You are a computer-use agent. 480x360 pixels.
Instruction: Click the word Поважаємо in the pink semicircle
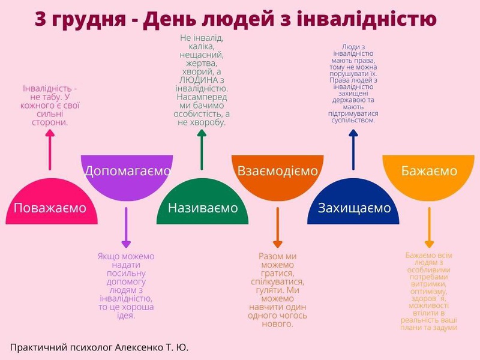[x=50, y=208]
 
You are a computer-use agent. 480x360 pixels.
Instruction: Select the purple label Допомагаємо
[x=127, y=171]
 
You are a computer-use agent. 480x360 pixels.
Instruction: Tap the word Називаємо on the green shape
[x=203, y=208]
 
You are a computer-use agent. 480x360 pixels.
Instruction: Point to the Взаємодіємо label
[x=278, y=171]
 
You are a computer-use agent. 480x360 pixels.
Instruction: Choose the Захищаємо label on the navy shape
[x=354, y=208]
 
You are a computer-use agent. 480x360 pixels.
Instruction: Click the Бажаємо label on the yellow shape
[x=429, y=171]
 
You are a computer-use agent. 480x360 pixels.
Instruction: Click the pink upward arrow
[x=50, y=149]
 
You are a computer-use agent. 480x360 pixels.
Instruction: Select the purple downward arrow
[x=126, y=227]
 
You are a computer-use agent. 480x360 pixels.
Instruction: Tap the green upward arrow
[x=202, y=149]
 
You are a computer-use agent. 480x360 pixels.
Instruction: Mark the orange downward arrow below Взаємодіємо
[x=278, y=227]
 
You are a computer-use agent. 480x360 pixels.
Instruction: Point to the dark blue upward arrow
[x=353, y=149]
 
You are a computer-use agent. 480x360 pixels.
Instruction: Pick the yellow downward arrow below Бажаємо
[x=429, y=227]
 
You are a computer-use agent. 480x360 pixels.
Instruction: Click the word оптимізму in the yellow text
[x=428, y=292]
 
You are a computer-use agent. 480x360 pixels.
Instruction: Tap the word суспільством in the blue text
[x=353, y=121]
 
